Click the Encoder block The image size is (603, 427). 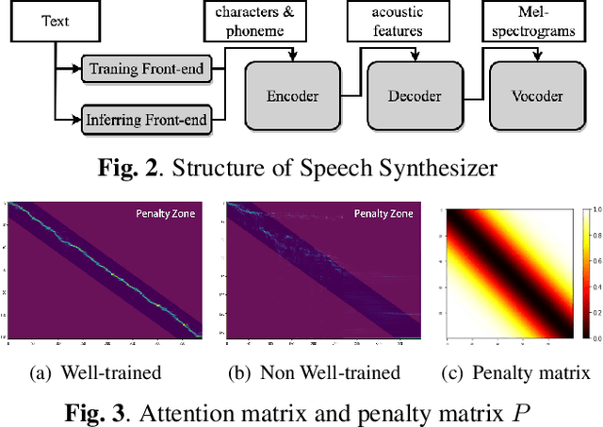pos(291,96)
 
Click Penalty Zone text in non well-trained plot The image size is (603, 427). pos(385,214)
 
